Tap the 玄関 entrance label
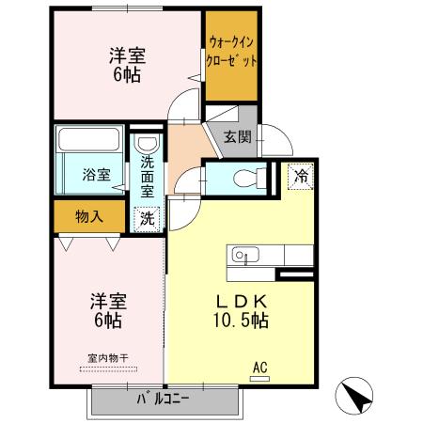pos(237,137)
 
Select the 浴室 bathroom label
pos(95,176)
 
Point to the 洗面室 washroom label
pos(149,176)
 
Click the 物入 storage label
pos(88,217)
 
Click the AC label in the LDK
pos(259,367)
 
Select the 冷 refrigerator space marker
pos(301,174)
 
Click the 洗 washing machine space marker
pos(149,217)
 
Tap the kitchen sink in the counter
pos(244,254)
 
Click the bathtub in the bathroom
pos(87,144)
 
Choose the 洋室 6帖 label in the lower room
pos(106,311)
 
